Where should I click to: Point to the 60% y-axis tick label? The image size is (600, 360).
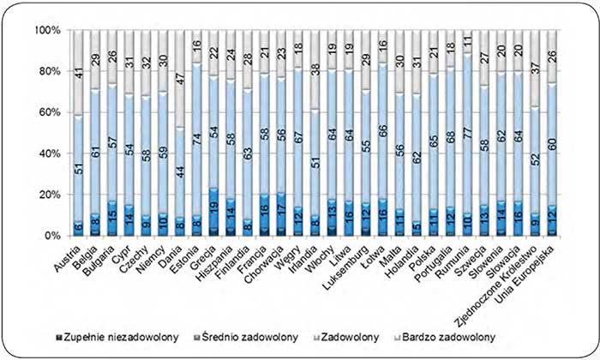(45, 112)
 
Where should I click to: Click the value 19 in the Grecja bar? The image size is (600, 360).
(214, 208)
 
